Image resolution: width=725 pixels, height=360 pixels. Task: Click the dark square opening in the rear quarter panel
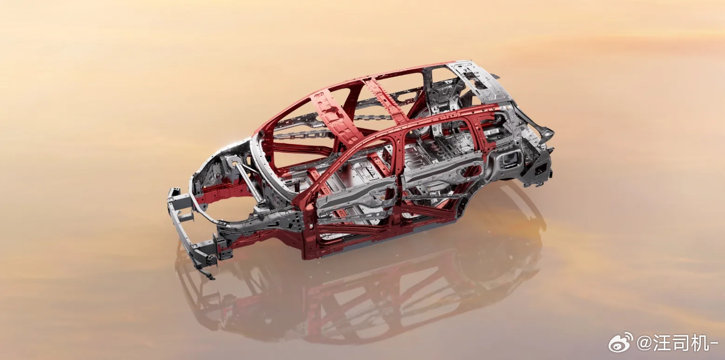point(511,160)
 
